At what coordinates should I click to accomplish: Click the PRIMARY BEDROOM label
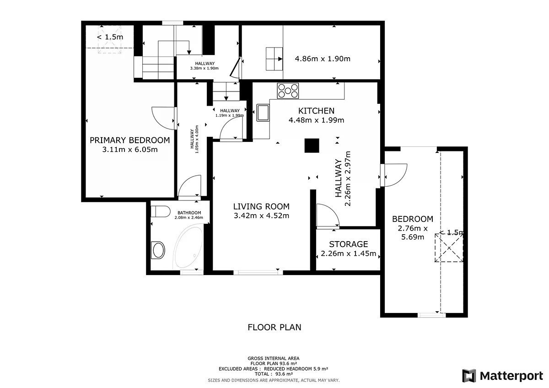pyautogui.click(x=129, y=140)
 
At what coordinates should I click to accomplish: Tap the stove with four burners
pyautogui.click(x=288, y=91)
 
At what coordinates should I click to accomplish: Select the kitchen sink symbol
pyautogui.click(x=263, y=113)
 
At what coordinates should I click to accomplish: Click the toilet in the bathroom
pyautogui.click(x=161, y=211)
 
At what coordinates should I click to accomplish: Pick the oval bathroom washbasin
pyautogui.click(x=158, y=250)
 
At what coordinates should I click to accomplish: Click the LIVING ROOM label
pyautogui.click(x=261, y=207)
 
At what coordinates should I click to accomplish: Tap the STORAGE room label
pyautogui.click(x=348, y=244)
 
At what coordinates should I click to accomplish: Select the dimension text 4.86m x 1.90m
pyautogui.click(x=323, y=59)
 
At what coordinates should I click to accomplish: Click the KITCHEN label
pyautogui.click(x=316, y=111)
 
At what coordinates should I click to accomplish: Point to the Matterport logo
pyautogui.click(x=503, y=376)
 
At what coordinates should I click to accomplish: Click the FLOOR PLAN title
pyautogui.click(x=274, y=328)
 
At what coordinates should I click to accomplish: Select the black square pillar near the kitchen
pyautogui.click(x=312, y=145)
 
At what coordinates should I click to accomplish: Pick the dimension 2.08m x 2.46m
pyautogui.click(x=188, y=217)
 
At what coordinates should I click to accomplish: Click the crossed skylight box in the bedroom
pyautogui.click(x=449, y=248)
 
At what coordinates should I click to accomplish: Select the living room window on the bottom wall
pyautogui.click(x=258, y=272)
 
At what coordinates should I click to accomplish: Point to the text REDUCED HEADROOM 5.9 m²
pyautogui.click(x=296, y=369)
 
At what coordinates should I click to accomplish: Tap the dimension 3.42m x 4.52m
pyautogui.click(x=261, y=216)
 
